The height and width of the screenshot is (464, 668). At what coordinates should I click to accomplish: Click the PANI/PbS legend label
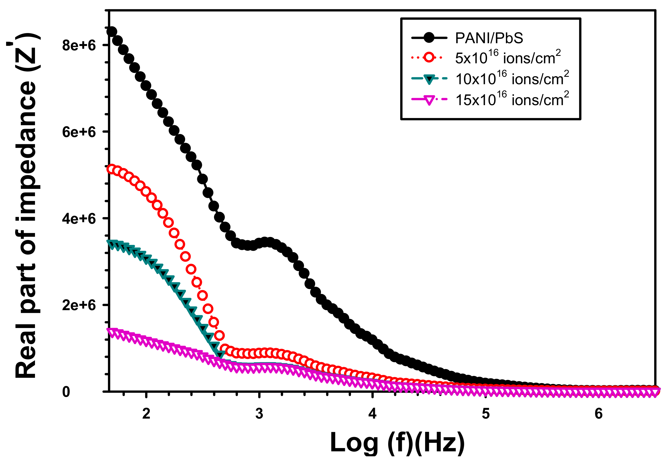click(489, 38)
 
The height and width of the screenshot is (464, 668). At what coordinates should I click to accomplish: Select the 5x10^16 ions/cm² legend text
click(508, 57)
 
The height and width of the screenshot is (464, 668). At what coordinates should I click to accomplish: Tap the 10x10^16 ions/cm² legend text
click(512, 78)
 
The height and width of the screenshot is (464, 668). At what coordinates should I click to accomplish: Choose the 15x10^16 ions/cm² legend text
click(512, 99)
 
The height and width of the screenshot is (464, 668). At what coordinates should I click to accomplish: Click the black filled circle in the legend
click(429, 38)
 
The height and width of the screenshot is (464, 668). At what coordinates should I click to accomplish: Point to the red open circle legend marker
click(429, 57)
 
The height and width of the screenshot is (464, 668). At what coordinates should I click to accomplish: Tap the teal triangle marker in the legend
click(429, 79)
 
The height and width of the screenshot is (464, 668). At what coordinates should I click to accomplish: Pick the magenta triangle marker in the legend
click(429, 100)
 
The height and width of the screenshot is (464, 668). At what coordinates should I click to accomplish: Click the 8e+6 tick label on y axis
click(79, 46)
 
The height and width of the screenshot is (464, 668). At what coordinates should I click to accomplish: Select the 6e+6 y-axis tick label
click(79, 132)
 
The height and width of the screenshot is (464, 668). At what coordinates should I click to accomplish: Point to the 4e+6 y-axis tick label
click(79, 219)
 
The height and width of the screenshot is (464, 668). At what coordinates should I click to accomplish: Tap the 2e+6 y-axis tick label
click(79, 305)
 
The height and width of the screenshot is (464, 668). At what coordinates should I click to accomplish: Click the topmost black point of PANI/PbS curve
click(112, 31)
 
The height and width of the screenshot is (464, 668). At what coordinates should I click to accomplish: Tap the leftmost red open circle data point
click(112, 169)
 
